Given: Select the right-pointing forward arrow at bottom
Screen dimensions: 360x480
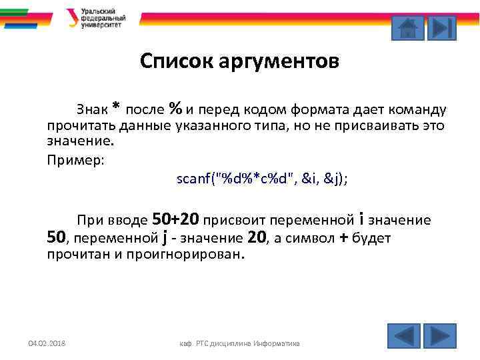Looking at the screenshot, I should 440,335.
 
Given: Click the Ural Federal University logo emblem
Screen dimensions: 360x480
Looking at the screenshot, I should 72,18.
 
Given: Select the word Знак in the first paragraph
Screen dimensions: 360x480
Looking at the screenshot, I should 91,109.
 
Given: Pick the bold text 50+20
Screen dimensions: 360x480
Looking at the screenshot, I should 176,219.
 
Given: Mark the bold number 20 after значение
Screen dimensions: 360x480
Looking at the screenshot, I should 257,237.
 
